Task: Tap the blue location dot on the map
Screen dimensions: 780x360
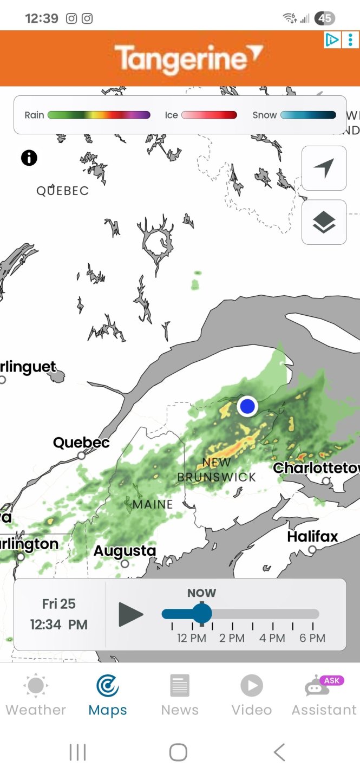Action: tap(247, 406)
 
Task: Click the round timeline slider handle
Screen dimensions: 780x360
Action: tap(202, 614)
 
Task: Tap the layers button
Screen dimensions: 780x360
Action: tap(324, 222)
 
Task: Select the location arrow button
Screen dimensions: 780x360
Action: tap(324, 168)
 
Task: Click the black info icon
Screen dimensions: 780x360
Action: tap(29, 158)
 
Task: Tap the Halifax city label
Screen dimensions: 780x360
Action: tap(312, 537)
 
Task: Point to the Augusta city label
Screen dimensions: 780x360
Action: tap(125, 551)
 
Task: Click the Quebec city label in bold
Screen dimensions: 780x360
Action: tap(81, 443)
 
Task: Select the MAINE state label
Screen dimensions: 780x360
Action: tap(153, 504)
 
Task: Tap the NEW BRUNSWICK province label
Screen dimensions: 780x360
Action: tap(217, 470)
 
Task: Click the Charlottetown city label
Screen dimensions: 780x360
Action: tap(316, 467)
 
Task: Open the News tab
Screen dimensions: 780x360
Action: tap(180, 695)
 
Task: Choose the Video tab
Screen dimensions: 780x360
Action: tap(252, 695)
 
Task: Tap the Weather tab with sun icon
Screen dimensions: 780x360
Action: tap(36, 695)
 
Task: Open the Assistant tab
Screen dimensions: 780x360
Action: tap(324, 695)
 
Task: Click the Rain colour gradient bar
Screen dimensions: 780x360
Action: tap(99, 115)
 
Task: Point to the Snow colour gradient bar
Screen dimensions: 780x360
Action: tap(308, 115)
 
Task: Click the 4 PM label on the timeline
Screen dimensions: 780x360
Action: tap(272, 638)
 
